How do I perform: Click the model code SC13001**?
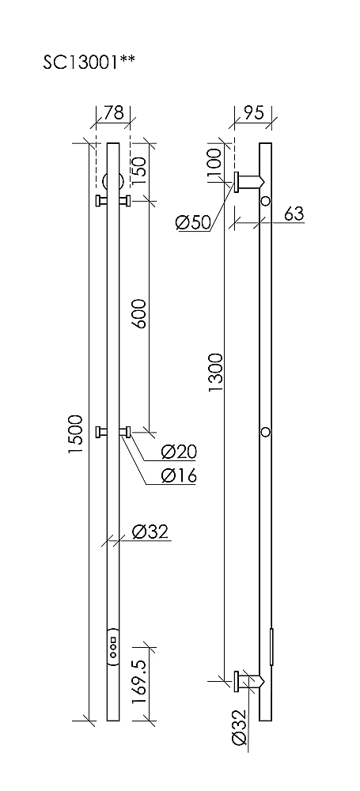tap(89, 62)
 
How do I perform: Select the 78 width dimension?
tap(113, 112)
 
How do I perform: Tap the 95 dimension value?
tap(253, 112)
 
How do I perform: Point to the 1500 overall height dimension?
tap(76, 433)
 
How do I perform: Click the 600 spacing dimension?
tap(139, 313)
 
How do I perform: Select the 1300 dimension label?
tap(216, 373)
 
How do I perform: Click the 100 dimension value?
tap(215, 161)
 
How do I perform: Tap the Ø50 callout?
tap(193, 222)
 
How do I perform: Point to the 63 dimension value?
tap(294, 214)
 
